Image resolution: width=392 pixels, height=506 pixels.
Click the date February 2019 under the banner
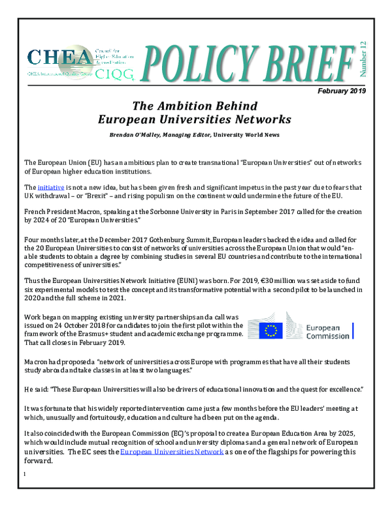point(342,91)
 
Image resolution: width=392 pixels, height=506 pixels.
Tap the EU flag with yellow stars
point(270,331)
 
